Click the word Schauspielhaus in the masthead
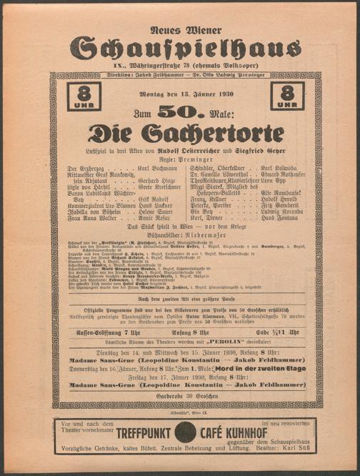(180, 47)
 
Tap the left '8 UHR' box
(84, 96)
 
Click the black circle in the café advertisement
(185, 432)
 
